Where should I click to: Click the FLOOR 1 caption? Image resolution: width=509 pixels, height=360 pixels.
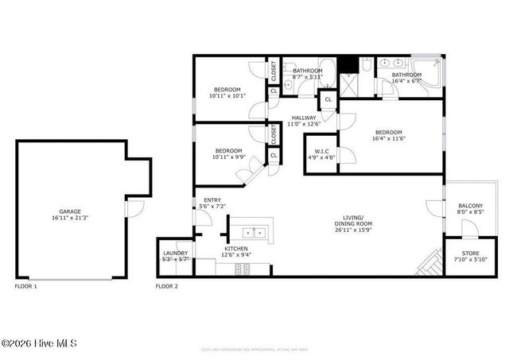(x=25, y=285)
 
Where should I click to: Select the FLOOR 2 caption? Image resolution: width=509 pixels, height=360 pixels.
(x=166, y=285)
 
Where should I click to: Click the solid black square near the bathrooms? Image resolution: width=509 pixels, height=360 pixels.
(x=348, y=64)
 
